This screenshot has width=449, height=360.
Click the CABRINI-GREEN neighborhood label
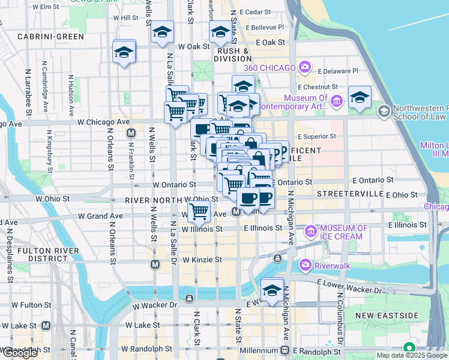(x=50, y=37)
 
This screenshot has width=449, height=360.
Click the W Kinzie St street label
(x=202, y=260)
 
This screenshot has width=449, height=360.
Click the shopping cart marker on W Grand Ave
(x=199, y=211)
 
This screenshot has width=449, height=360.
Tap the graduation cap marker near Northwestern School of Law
(x=360, y=97)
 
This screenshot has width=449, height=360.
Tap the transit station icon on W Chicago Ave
(x=131, y=132)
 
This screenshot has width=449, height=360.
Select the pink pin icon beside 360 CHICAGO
(x=306, y=67)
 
